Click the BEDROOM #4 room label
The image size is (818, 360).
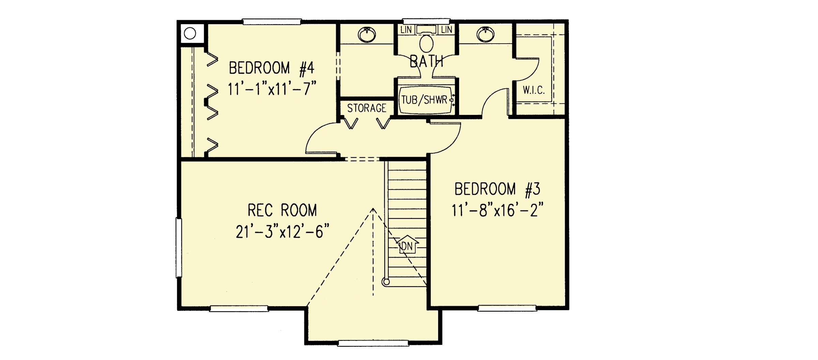point(271,68)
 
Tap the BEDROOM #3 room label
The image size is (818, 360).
point(497,189)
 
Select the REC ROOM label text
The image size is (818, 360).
point(282,210)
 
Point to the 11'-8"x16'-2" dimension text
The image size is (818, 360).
point(497,210)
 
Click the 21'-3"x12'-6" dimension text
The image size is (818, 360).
point(283,232)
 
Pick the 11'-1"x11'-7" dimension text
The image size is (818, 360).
point(272,89)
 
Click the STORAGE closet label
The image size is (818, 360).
point(367,108)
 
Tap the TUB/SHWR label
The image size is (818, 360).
point(424,100)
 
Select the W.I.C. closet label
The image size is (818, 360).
point(534,90)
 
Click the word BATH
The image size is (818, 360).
point(426,61)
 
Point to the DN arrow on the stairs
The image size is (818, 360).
point(407,244)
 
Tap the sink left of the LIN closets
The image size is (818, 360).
point(367,34)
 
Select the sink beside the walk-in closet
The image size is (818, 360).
point(486,34)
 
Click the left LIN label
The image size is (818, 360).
point(406,30)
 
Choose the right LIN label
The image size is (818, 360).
point(446,30)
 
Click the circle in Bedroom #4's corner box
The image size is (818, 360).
point(190,33)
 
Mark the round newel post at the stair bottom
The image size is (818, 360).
point(386,282)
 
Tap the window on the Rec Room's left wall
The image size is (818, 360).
point(179,248)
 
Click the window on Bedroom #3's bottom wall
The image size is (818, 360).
point(507,309)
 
